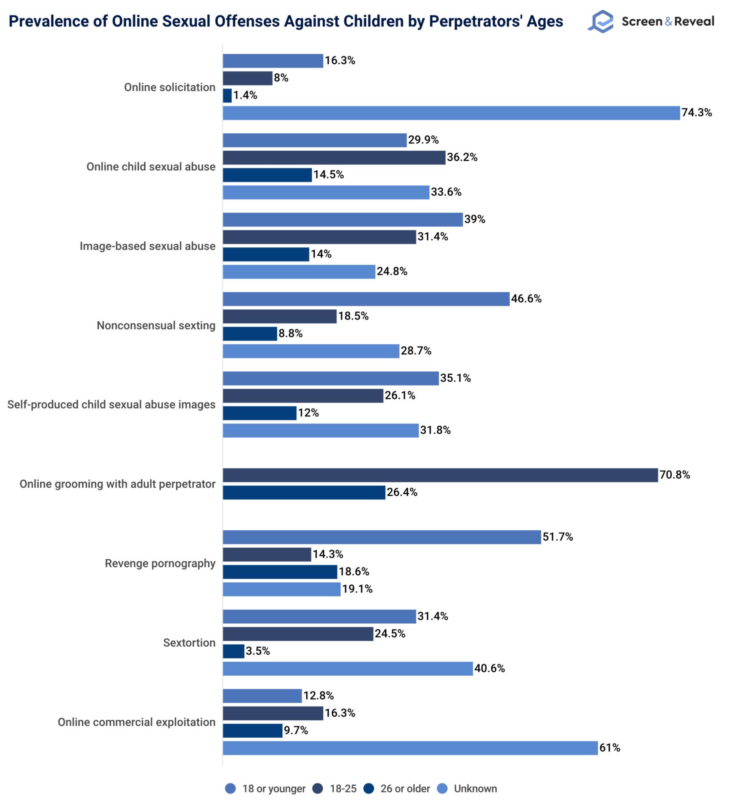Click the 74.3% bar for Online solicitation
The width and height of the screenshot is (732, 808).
click(x=451, y=113)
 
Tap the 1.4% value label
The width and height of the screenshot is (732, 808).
click(x=245, y=95)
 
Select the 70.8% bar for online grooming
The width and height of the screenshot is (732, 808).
click(x=440, y=475)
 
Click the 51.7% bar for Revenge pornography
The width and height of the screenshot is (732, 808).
click(x=381, y=537)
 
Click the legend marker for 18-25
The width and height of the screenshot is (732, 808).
click(x=318, y=789)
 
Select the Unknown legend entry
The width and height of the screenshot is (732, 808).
click(x=475, y=789)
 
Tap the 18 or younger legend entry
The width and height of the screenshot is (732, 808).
click(x=274, y=789)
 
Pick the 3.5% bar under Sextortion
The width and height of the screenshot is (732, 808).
click(x=233, y=651)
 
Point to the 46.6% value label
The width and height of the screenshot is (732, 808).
click(x=526, y=299)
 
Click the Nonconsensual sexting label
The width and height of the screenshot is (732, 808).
click(x=156, y=325)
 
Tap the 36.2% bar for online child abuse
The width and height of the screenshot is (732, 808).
click(x=334, y=157)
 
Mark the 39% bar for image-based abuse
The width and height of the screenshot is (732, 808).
click(x=343, y=220)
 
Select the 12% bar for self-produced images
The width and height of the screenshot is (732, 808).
click(x=259, y=413)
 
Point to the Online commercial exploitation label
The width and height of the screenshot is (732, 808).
click(x=136, y=722)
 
